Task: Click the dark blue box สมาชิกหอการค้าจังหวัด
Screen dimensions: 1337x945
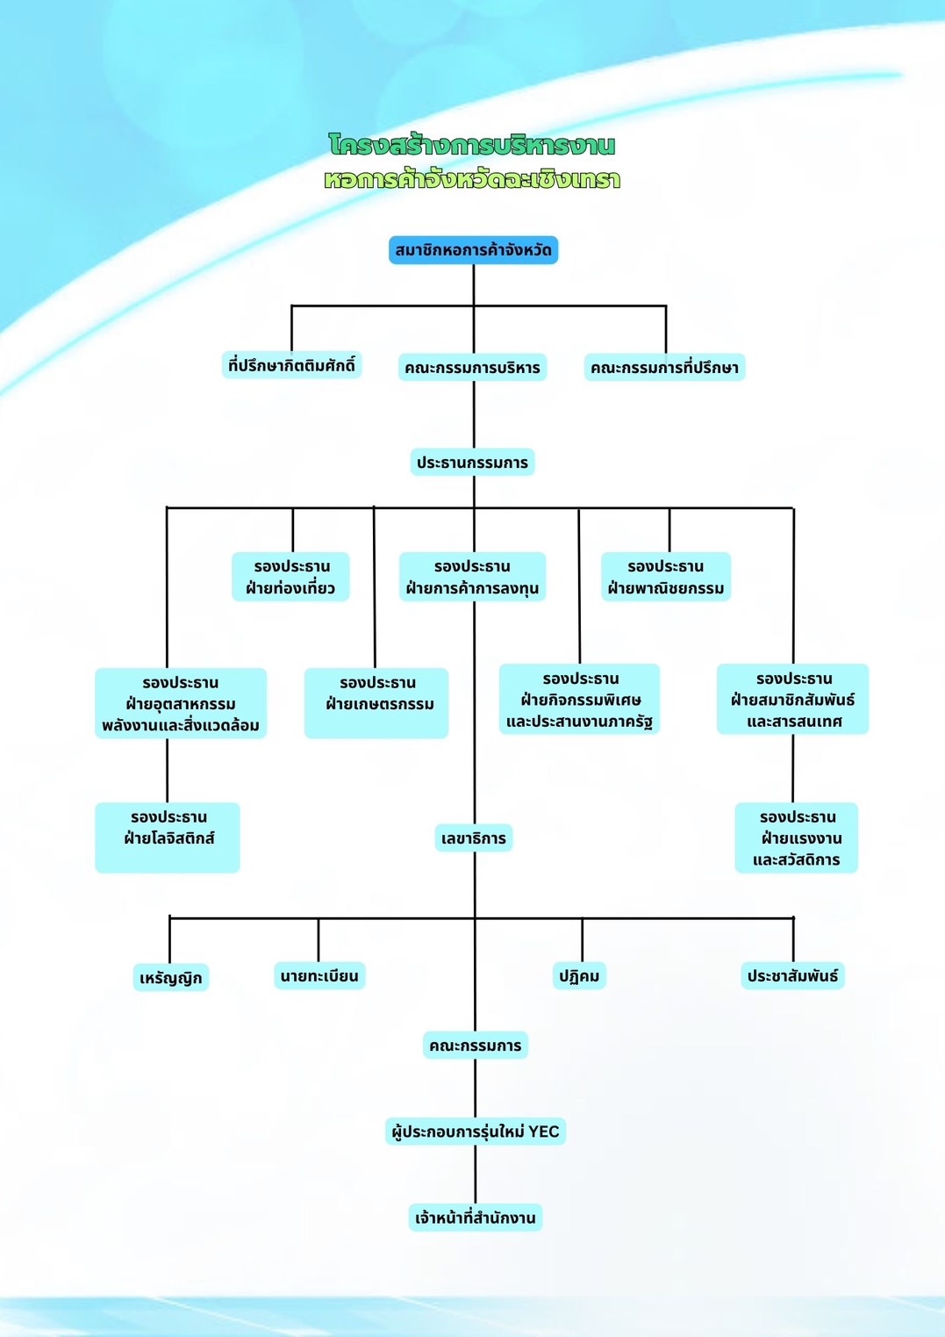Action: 473,250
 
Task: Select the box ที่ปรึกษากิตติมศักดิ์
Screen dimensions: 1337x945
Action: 291,365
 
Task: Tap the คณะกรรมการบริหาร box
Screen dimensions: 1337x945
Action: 472,367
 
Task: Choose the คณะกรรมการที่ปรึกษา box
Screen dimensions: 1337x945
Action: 664,367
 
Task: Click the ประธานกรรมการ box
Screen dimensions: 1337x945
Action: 472,462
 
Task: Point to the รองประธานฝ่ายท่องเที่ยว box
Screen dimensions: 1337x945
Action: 290,577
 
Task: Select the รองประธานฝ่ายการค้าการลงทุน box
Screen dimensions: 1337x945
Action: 472,577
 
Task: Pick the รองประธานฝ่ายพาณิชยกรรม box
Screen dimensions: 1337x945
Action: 665,577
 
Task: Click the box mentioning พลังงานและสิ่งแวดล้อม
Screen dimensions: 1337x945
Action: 181,703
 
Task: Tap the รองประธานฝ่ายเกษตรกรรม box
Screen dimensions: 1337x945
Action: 376,702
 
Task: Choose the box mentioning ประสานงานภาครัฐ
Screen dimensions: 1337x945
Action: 579,700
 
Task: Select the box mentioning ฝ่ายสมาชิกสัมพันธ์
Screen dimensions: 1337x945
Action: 792,700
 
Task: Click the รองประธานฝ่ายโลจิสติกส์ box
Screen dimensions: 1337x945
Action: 168,837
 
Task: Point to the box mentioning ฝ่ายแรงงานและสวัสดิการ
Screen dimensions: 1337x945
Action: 796,837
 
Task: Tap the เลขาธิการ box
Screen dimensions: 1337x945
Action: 474,838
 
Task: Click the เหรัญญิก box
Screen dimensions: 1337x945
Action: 171,977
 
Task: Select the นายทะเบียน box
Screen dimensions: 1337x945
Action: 319,975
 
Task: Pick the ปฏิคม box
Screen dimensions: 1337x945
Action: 579,975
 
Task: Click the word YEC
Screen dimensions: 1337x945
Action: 543,1132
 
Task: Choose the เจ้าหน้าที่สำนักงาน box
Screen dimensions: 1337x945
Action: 475,1218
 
